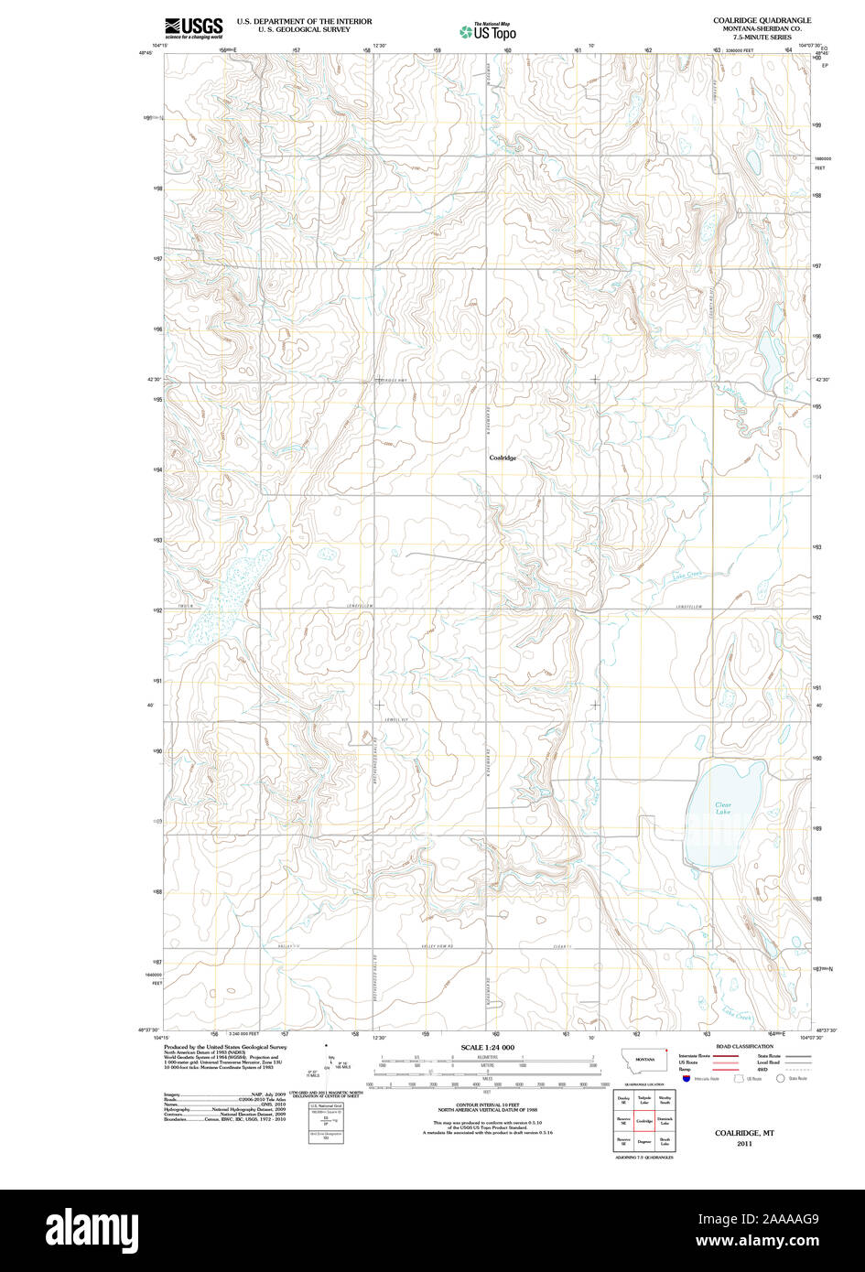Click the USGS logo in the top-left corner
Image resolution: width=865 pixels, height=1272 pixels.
[x=193, y=28]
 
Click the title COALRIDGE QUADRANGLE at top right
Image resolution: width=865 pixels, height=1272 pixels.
[x=762, y=20]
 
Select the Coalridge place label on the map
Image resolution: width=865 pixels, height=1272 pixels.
[x=503, y=458]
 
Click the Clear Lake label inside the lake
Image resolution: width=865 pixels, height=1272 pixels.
[x=723, y=808]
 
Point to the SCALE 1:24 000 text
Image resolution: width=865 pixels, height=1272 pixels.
[x=487, y=1047]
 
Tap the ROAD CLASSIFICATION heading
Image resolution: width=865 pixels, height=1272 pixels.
[x=744, y=1046]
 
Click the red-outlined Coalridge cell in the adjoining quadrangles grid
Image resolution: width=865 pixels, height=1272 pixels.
[x=644, y=1120]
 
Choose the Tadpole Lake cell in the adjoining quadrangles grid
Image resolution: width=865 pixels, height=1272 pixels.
[x=644, y=1100]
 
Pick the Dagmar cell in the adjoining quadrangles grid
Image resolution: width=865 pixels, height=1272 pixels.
[x=644, y=1141]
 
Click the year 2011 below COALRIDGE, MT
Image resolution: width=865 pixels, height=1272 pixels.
[x=744, y=1143]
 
